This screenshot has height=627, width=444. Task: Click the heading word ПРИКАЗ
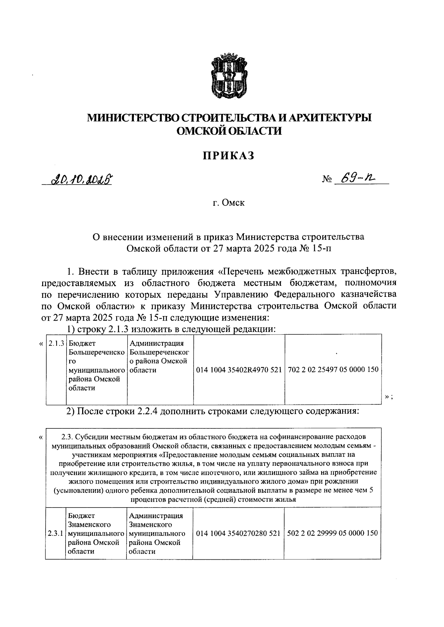pos(228,156)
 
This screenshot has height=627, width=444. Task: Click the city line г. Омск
pos(228,203)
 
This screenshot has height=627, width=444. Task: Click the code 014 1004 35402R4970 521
pos(239,369)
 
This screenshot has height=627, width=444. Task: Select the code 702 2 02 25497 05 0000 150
pos(333,369)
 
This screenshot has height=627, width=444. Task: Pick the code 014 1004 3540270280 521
pos(238,533)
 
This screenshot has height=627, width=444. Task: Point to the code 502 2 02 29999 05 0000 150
pos(333,533)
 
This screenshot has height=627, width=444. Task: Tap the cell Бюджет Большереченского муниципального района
pos(96,365)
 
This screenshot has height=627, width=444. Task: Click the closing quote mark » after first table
pos(387,397)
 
